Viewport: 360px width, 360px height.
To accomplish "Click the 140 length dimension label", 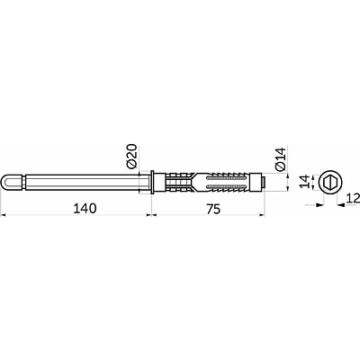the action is click(85, 209).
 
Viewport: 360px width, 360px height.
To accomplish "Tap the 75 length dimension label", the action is click(213, 209).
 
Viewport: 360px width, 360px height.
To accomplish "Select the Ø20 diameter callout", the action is click(131, 156).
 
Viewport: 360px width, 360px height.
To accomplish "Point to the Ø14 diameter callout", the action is click(282, 158).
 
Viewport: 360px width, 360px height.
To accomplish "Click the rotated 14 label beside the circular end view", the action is click(304, 182).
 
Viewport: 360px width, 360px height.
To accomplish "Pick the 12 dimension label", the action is click(353, 199).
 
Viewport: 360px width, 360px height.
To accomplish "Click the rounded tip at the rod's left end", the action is click(6, 182).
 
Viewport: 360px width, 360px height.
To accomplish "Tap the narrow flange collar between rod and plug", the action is click(152, 182).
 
